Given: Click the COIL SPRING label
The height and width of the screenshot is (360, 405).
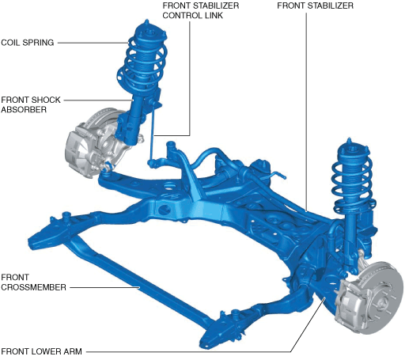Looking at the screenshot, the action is point(28,43).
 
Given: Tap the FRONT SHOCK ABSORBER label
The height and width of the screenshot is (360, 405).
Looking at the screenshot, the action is point(31,104).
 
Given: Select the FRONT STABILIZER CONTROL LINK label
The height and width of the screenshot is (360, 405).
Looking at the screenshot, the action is point(201,10).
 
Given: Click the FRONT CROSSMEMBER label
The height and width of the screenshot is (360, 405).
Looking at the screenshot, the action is point(33,282).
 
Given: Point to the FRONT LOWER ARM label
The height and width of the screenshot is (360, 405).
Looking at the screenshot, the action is point(41,351).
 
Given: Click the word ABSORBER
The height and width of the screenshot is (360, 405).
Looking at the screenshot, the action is point(24,109).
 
